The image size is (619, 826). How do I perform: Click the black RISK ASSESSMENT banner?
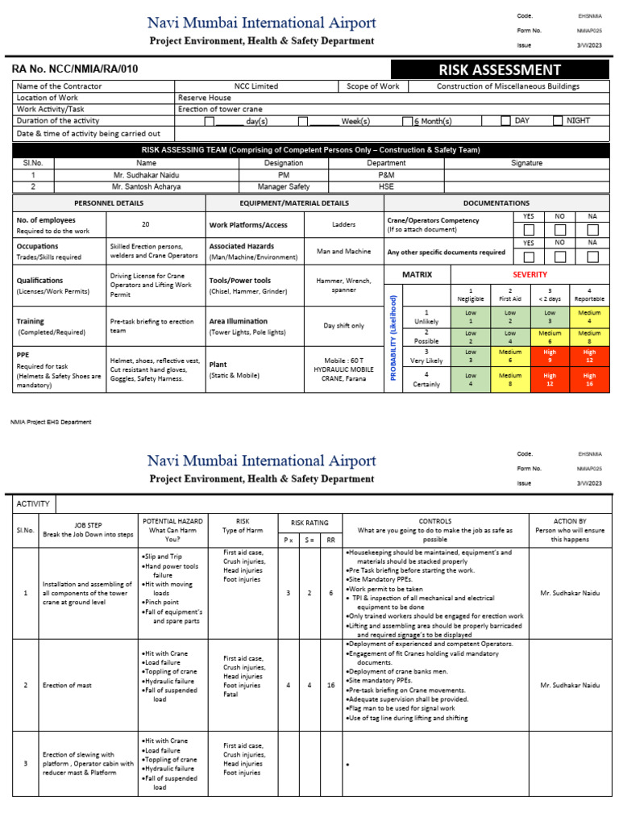click(499, 70)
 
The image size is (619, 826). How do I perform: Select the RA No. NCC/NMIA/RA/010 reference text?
click(75, 69)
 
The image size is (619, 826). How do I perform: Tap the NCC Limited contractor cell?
click(256, 86)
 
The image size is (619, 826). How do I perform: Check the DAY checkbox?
click(505, 121)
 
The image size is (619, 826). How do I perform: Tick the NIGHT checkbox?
click(558, 121)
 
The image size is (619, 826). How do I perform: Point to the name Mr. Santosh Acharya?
click(147, 186)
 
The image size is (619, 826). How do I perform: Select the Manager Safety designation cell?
click(284, 186)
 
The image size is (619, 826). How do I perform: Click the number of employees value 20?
click(146, 225)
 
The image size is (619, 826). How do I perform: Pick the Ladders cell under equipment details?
click(343, 225)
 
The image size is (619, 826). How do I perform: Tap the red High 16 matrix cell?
click(589, 379)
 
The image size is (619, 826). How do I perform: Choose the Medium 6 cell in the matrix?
click(550, 336)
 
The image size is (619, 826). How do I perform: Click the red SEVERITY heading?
click(530, 275)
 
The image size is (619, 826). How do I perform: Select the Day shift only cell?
click(343, 326)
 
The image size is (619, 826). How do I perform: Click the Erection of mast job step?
click(67, 685)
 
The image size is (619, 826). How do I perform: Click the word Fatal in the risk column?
click(231, 695)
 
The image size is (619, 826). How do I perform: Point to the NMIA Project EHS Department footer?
click(51, 422)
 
